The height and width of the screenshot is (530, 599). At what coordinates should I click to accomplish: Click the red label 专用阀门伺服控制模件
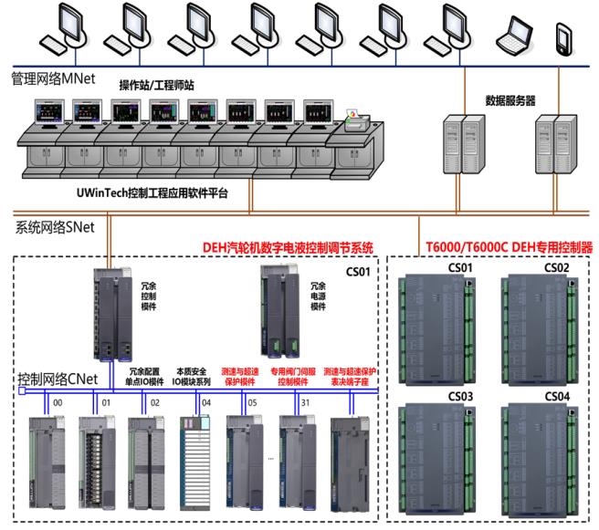tap(291, 377)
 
